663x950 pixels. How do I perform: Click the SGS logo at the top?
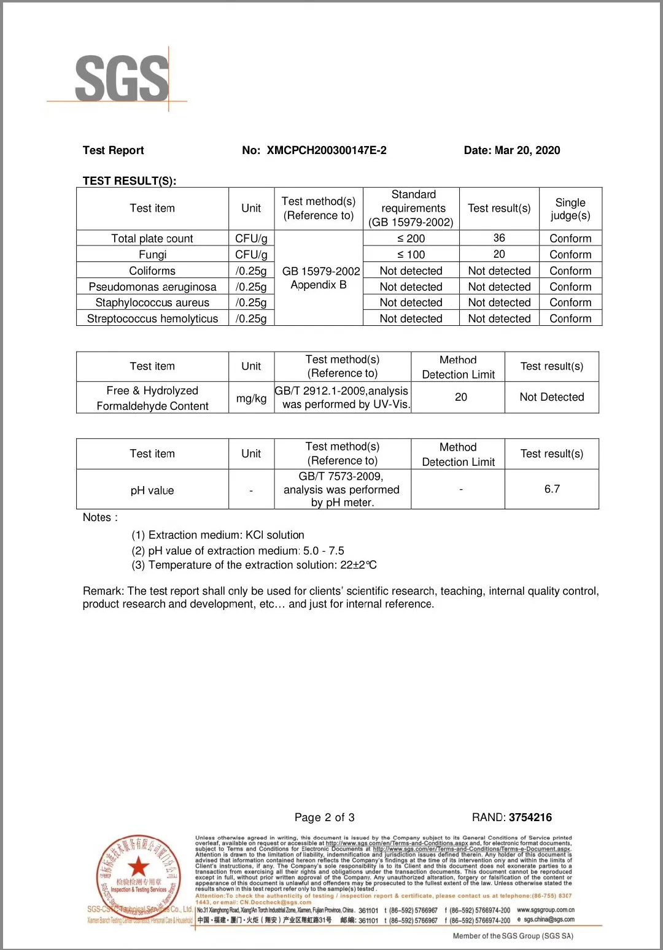point(122,78)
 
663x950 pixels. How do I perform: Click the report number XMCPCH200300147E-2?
point(326,150)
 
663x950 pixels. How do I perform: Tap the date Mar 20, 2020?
point(527,150)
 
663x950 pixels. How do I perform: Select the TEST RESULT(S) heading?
point(130,181)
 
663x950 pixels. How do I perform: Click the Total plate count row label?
point(152,238)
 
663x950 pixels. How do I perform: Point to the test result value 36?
point(499,238)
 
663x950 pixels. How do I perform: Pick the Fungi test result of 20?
point(499,254)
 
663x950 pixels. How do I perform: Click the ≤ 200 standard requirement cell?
point(411,238)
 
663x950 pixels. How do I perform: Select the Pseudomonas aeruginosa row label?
point(152,287)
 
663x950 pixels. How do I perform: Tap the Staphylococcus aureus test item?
point(152,303)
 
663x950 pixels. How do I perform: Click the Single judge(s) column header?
point(570,209)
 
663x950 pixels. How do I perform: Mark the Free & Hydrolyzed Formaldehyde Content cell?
point(152,398)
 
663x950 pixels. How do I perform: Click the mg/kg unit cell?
point(251,398)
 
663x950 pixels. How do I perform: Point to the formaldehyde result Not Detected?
point(551,397)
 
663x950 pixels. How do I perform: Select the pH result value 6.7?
point(551,489)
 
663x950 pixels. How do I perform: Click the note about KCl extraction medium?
point(218,535)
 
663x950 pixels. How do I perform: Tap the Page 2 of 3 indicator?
point(324,817)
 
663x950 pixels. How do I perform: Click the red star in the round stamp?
point(139,867)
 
